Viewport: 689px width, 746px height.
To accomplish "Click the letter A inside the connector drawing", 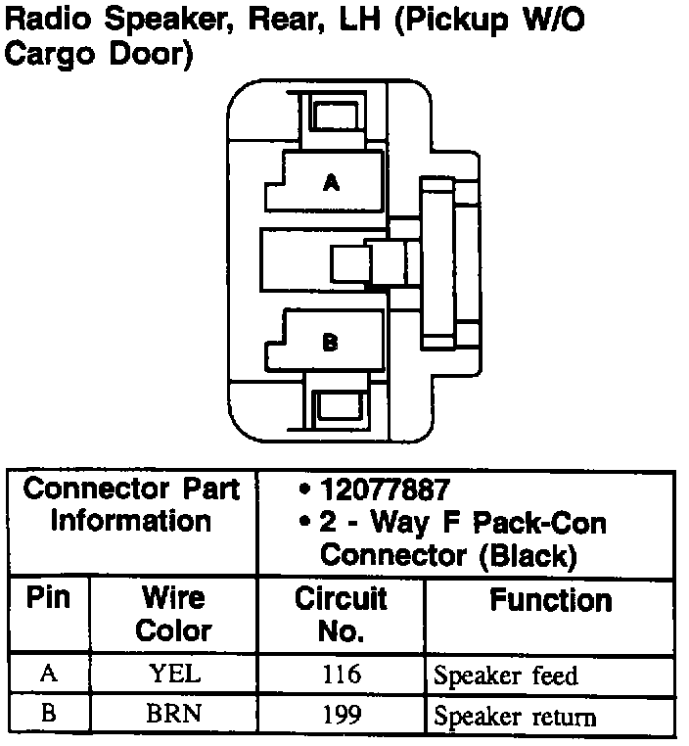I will click(x=332, y=182).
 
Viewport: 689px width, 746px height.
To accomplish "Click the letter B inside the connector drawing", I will click(x=331, y=342).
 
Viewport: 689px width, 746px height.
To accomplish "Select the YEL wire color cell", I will click(x=173, y=675).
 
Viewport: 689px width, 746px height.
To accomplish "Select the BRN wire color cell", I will click(x=173, y=715).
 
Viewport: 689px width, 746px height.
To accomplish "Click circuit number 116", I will click(x=341, y=675).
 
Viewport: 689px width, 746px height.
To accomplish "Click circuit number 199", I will click(x=341, y=715).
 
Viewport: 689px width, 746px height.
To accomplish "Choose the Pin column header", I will click(x=49, y=598).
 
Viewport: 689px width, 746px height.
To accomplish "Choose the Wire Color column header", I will click(x=173, y=614).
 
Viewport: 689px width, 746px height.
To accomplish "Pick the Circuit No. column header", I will click(x=341, y=614).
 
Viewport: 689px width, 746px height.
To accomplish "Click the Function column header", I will click(x=551, y=599).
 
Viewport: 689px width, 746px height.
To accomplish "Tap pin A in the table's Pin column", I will click(x=48, y=675).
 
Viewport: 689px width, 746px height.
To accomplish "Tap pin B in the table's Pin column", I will click(x=48, y=715).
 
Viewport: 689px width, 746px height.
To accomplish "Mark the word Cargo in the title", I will click(x=45, y=54).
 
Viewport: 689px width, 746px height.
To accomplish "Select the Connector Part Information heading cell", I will click(x=131, y=504).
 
